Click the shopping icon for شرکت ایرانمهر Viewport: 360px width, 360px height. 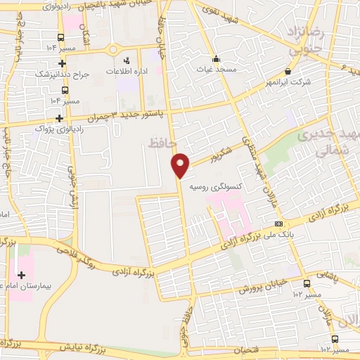(x=288, y=71)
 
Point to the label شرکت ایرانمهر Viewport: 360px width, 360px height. (x=289, y=82)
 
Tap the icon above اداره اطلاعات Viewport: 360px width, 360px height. (x=127, y=60)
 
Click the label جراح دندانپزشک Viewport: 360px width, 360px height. (x=63, y=75)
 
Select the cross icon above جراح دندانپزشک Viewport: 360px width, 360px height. (x=63, y=63)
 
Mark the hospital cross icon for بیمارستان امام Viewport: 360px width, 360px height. (x=19, y=275)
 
